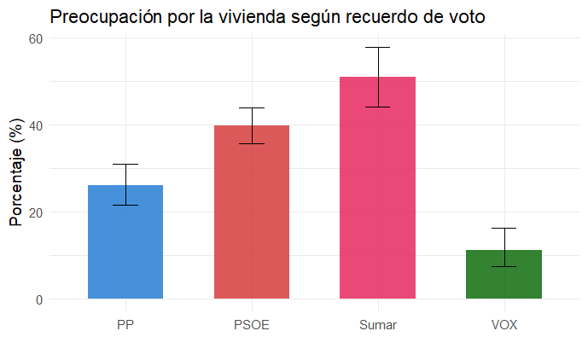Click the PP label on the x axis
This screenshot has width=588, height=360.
125,325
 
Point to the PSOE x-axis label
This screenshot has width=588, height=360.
252,325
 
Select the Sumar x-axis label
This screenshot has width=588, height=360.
377,325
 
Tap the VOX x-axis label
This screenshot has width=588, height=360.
504,325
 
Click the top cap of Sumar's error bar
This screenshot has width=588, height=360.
377,47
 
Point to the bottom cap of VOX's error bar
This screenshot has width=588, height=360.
504,266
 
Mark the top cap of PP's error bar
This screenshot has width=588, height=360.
125,164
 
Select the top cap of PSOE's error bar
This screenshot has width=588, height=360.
252,108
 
